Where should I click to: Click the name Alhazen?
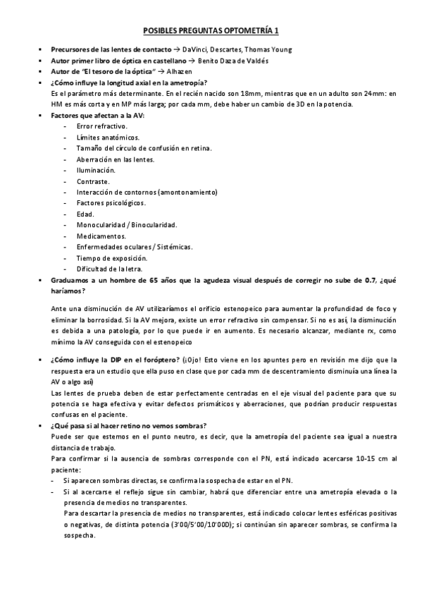[x=194, y=72]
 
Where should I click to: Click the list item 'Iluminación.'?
[x=97, y=170]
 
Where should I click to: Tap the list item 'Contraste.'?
[x=94, y=181]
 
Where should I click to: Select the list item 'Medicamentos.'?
[x=101, y=236]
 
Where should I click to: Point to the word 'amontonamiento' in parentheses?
[x=187, y=192]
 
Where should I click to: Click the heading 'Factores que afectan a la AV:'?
[x=92, y=115]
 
